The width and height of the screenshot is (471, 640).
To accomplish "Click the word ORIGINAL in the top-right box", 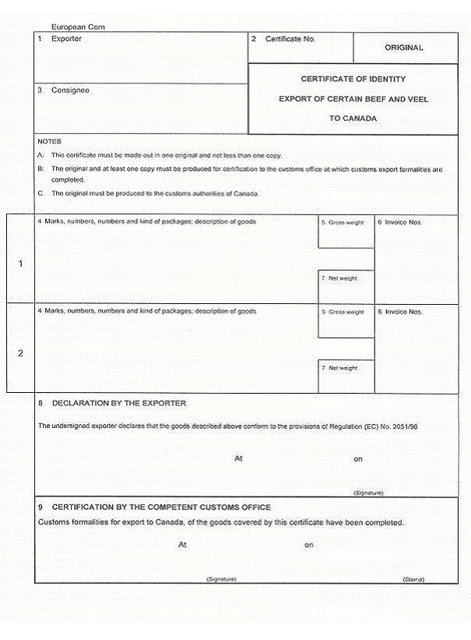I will point(403,48).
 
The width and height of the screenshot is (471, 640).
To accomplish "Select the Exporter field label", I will point(65,38).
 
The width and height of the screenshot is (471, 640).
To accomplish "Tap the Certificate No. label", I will point(290,38).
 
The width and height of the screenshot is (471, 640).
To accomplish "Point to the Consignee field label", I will point(70,90).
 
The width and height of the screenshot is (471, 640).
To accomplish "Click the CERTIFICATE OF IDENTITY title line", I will point(353,80).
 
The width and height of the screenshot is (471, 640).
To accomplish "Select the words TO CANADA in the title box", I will point(353,119).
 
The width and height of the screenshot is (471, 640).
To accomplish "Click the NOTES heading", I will point(49,141).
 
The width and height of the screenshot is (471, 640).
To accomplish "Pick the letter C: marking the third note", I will point(40,193).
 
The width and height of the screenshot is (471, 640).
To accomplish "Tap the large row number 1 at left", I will point(20,263).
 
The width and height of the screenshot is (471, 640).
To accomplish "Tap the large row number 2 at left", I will point(20,353).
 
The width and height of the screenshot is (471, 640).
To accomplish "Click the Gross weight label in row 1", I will point(346,223).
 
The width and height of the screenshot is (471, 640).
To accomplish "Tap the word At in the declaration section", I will point(238,458).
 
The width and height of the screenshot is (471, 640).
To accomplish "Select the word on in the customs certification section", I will point(309,545).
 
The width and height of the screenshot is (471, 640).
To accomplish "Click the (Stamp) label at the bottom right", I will point(413,580).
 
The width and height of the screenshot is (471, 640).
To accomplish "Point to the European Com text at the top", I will point(78,27).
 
